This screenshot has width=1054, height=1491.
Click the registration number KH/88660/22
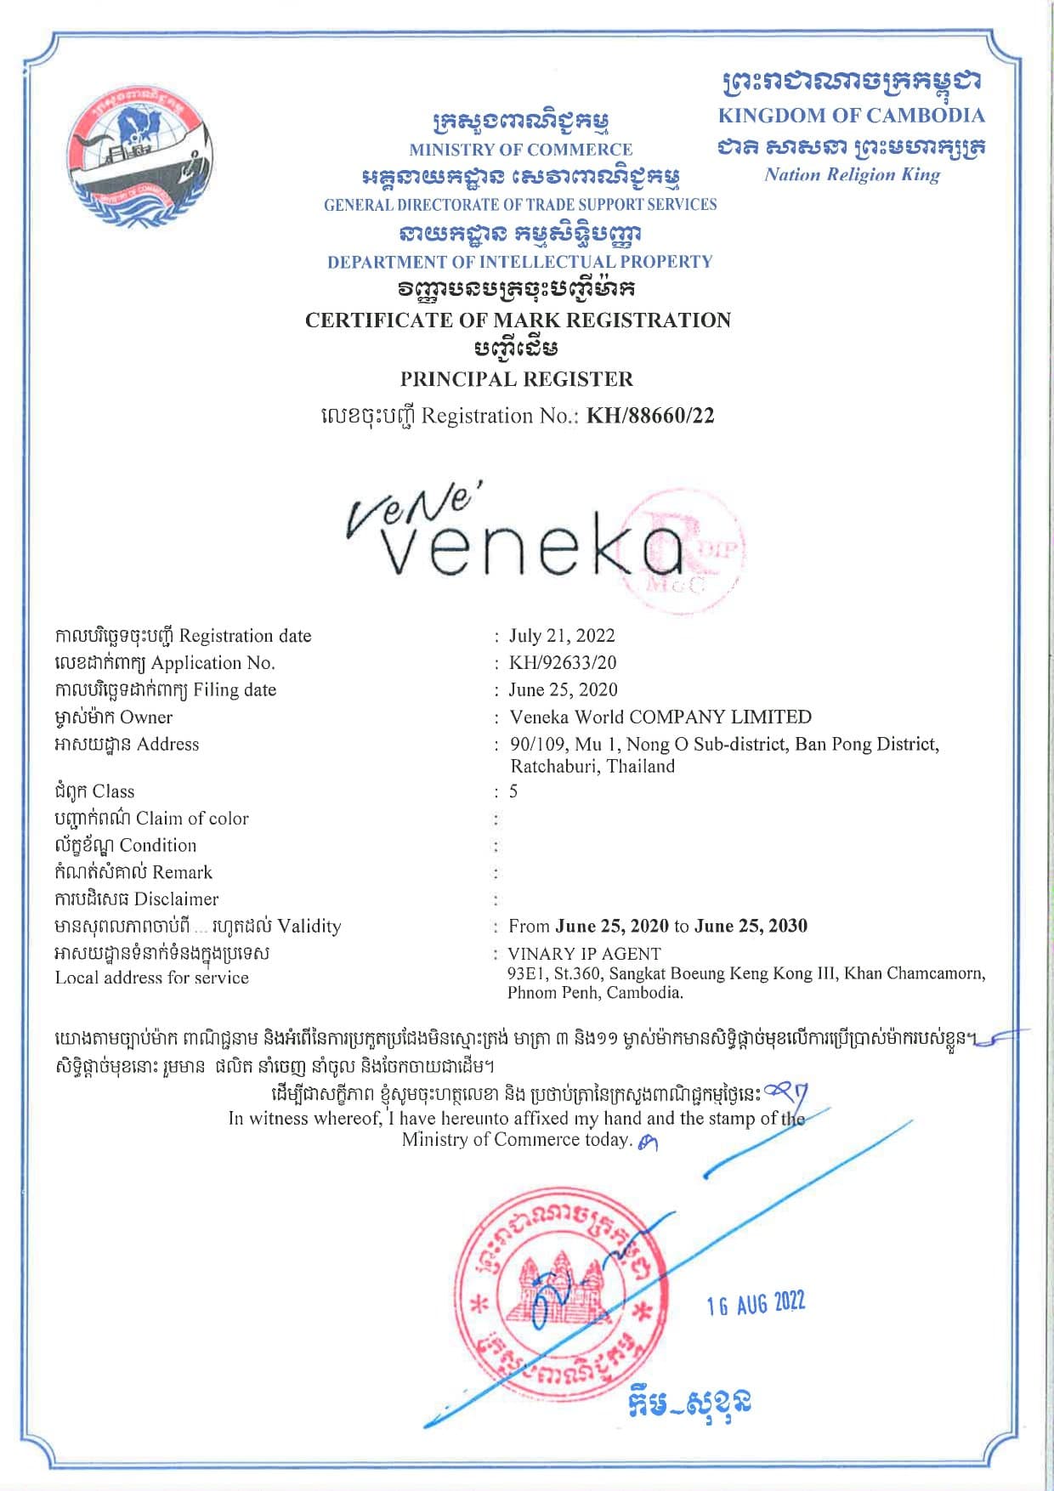coord(650,416)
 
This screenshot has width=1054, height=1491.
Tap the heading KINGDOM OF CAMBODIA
coord(851,116)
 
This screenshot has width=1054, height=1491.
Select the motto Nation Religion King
coord(852,174)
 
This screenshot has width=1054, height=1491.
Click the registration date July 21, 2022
coord(562,636)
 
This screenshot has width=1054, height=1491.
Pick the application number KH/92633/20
coord(563,663)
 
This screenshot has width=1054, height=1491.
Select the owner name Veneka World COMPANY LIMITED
coord(660,717)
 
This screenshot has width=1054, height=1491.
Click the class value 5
coord(513,791)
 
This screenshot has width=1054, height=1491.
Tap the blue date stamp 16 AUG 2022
coord(756,1303)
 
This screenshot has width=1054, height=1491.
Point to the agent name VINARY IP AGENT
coord(584,954)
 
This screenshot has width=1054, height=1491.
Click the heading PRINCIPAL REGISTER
coord(517,379)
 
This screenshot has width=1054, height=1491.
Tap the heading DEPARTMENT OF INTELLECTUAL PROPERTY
coord(519,262)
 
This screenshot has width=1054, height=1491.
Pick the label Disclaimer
coord(176,899)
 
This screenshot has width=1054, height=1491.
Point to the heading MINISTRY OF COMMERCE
coord(520,150)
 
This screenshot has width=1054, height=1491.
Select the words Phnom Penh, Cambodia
coord(595,992)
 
